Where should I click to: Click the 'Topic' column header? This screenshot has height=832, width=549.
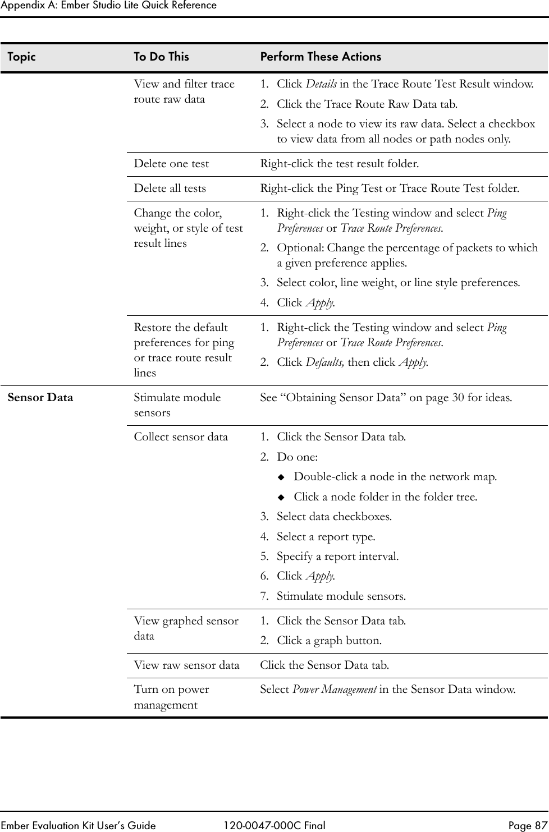tap(21, 57)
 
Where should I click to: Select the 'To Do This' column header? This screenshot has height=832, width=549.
tap(161, 57)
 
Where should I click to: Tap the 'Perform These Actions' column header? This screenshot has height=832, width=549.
tap(321, 57)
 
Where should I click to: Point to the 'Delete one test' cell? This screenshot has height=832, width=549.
tap(171, 164)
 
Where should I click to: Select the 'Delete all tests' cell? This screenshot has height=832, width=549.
tap(170, 189)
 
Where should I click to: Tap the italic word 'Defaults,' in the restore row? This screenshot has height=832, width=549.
tap(325, 362)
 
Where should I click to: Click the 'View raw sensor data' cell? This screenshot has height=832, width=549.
tap(186, 665)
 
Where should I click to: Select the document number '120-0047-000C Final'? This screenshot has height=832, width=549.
tap(274, 825)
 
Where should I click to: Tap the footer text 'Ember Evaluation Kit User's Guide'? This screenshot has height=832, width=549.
tap(78, 825)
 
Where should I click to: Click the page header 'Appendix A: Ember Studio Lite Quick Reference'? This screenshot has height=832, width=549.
tap(108, 6)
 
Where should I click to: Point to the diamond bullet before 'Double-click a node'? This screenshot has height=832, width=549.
tap(282, 477)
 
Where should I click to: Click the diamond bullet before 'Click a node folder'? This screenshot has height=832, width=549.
tap(282, 497)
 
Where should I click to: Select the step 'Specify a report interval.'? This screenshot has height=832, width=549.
tap(337, 557)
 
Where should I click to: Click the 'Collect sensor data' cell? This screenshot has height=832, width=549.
tap(181, 437)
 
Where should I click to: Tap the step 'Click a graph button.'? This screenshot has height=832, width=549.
tap(329, 641)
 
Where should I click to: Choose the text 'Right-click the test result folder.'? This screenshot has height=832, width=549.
tap(338, 164)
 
